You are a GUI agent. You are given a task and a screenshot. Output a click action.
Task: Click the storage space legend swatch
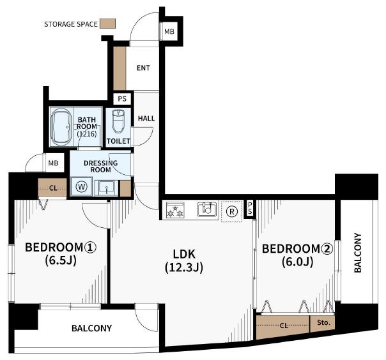[x=107, y=24]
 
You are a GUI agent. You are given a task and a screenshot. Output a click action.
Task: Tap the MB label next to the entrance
[x=169, y=31]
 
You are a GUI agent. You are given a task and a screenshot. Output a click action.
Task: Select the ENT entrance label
[x=143, y=68]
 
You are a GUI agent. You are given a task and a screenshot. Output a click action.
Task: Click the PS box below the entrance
[x=122, y=99]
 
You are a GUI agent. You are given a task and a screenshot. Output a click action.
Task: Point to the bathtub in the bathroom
[x=61, y=126]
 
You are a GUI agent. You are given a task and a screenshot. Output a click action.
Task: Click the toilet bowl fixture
[x=118, y=121]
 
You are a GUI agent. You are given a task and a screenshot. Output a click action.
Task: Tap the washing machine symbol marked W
[x=81, y=186]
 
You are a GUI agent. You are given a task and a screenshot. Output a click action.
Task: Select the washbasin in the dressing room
[x=107, y=188]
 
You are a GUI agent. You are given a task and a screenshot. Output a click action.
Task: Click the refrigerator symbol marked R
[x=231, y=211]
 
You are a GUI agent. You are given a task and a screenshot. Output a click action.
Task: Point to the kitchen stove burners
[x=175, y=210]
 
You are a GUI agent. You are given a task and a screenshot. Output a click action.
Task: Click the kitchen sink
[x=208, y=209]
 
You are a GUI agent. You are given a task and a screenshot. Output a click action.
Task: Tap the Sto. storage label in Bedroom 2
[x=323, y=322]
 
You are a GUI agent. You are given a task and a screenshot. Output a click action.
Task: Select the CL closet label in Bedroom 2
[x=284, y=326]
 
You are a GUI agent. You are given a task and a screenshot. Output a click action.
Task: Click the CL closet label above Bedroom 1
[x=53, y=188]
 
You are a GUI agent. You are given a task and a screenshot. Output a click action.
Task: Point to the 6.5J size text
[x=61, y=260]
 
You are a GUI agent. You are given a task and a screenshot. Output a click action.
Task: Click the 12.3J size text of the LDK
[x=184, y=267]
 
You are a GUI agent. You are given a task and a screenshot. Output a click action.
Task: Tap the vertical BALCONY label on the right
[x=358, y=253]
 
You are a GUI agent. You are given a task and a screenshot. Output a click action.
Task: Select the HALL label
[x=146, y=119]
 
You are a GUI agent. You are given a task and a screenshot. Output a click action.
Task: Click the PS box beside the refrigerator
[x=250, y=208]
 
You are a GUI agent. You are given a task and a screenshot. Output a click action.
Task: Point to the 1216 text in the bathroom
[x=87, y=134]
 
